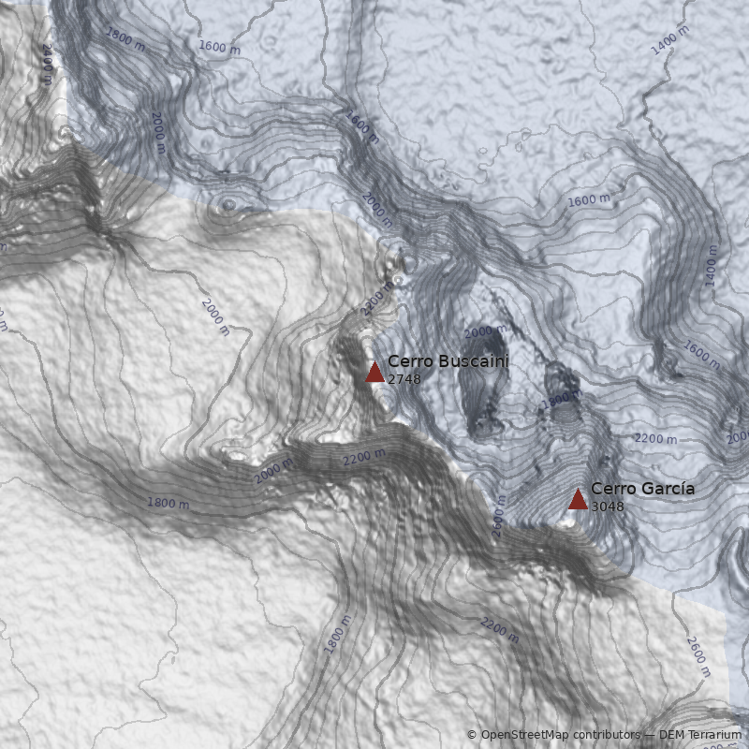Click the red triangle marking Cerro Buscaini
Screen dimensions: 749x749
pyautogui.click(x=374, y=373)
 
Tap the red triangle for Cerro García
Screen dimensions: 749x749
pyautogui.click(x=578, y=499)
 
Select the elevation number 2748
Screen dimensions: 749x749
pyautogui.click(x=404, y=379)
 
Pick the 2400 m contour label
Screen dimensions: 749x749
pyautogui.click(x=48, y=58)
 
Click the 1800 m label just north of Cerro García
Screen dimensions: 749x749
pyautogui.click(x=556, y=400)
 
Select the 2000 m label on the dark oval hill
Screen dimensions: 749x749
pyautogui.click(x=486, y=332)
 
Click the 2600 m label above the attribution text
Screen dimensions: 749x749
pyautogui.click(x=698, y=657)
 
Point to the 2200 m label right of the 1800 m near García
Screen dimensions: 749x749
pyautogui.click(x=655, y=438)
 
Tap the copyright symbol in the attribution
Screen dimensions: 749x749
pyautogui.click(x=472, y=735)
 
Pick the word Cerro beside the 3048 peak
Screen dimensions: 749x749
pyautogui.click(x=610, y=488)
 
